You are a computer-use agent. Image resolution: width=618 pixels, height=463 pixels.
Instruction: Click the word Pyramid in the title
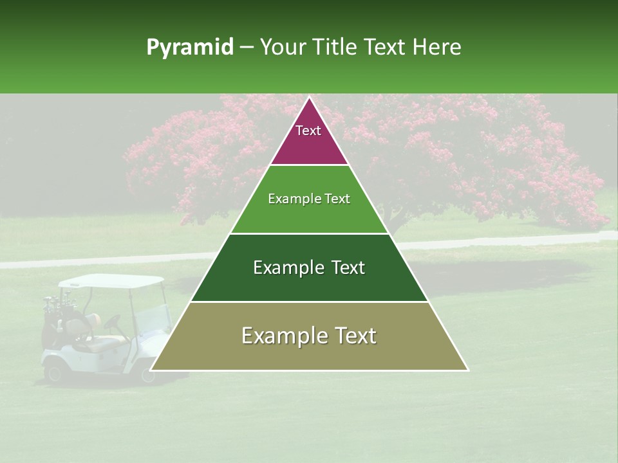[x=189, y=48]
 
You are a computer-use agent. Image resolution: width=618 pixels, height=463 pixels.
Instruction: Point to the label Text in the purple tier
[x=308, y=131]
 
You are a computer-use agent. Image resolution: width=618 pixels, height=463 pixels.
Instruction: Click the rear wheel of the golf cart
[x=55, y=371]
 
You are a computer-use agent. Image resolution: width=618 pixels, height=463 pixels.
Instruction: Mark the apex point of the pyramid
[x=309, y=98]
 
